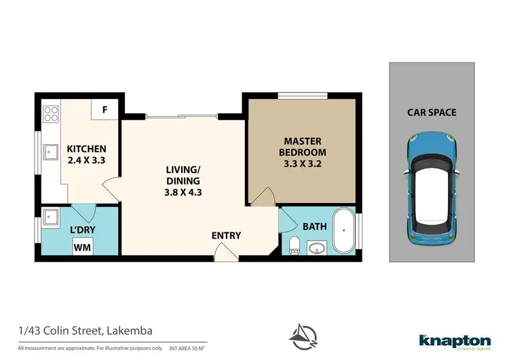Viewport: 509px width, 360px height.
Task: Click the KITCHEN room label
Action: (x=86, y=149)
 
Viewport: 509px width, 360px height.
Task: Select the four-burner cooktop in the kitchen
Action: (x=50, y=113)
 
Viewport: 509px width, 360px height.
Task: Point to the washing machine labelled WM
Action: (x=82, y=248)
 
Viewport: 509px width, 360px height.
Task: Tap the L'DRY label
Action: (x=82, y=230)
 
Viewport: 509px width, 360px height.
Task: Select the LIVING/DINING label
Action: (x=183, y=175)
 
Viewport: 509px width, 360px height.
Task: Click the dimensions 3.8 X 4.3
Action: (x=183, y=192)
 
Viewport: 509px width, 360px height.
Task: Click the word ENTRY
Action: (x=226, y=236)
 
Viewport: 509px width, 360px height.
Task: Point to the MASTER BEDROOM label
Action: (x=305, y=146)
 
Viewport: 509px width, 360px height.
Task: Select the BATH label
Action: (x=315, y=226)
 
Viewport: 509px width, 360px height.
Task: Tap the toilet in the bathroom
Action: (x=295, y=245)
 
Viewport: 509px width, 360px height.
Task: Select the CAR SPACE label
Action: (x=432, y=113)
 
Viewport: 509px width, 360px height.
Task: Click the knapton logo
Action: (x=454, y=340)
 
